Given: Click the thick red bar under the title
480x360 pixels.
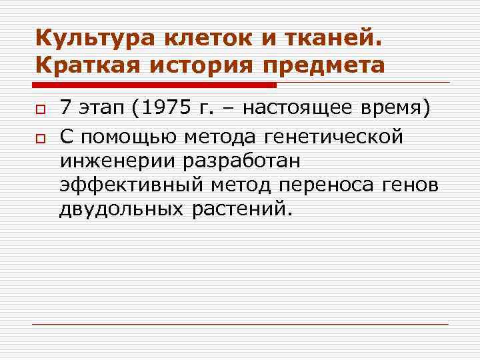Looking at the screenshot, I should point(154,85).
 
